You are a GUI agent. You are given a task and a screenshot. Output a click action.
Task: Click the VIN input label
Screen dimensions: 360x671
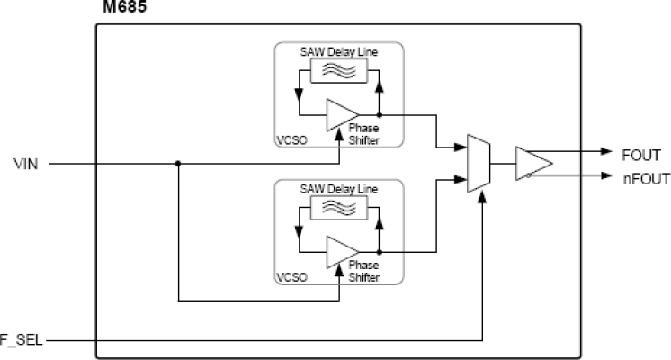point(24,164)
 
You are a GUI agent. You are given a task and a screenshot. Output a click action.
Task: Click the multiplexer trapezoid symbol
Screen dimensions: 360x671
point(477,163)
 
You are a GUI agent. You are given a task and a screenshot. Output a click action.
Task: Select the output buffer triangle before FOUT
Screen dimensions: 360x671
point(532,164)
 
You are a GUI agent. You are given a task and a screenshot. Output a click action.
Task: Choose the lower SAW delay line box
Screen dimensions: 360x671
point(340,210)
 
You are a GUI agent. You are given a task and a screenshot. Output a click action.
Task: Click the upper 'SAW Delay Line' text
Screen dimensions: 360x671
point(340,53)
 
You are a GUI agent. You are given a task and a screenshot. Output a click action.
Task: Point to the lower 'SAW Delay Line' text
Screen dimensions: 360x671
point(340,190)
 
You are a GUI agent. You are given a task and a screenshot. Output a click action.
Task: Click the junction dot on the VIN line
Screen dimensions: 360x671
point(178,164)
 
